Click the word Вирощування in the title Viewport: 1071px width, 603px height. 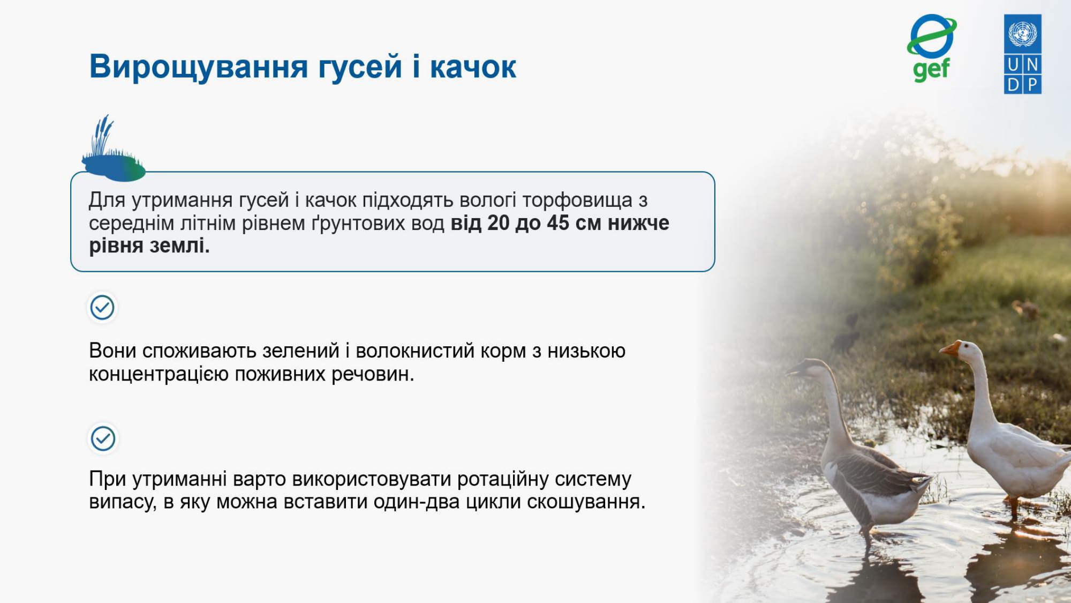(x=199, y=67)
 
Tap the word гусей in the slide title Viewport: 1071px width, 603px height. (x=360, y=67)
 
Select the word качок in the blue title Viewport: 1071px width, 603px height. (x=473, y=67)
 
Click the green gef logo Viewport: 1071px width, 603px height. (x=932, y=48)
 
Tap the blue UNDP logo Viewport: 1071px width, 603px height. (x=1023, y=54)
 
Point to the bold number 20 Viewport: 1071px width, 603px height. (x=498, y=223)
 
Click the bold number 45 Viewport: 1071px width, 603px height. (x=558, y=223)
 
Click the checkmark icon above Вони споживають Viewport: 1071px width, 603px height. (x=102, y=308)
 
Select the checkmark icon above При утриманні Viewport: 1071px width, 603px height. (x=103, y=438)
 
